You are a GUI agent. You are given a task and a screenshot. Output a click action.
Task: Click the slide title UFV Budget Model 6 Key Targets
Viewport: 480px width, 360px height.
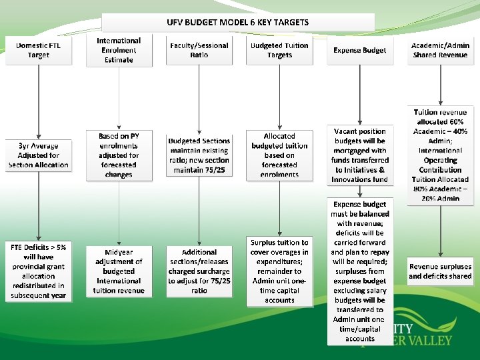[x=237, y=22]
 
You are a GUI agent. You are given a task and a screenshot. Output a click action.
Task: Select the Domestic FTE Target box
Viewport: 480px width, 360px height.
[x=38, y=50]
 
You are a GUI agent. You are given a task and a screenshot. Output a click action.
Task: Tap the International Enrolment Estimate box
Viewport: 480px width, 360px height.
[x=119, y=50]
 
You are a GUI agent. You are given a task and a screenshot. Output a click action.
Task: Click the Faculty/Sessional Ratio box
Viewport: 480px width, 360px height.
[x=199, y=50]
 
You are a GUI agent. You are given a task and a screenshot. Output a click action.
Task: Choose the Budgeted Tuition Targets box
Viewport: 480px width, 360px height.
[x=279, y=50]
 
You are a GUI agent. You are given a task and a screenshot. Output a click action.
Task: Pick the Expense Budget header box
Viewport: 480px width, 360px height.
[x=359, y=50]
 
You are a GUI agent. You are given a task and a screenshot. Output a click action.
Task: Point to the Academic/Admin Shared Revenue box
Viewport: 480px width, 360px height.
[x=440, y=50]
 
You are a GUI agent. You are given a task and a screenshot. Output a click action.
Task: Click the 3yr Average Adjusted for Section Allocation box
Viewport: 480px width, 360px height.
[x=38, y=155]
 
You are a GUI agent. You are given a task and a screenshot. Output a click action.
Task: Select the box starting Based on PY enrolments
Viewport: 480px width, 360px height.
[x=119, y=155]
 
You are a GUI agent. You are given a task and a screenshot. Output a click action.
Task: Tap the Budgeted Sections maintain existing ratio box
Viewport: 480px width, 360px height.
[x=199, y=155]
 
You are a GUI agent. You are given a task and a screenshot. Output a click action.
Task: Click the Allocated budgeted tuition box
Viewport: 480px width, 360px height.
[x=279, y=155]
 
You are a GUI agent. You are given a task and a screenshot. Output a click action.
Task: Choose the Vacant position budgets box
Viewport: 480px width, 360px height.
[x=359, y=155]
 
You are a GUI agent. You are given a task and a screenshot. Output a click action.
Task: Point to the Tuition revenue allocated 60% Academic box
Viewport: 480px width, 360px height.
[x=440, y=155]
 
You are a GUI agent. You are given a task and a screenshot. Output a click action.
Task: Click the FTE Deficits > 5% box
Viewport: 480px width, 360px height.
[x=38, y=271]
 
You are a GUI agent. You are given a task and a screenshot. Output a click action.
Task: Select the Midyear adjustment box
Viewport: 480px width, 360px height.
[x=119, y=271]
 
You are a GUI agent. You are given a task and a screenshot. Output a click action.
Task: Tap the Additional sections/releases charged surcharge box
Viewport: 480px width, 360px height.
[x=199, y=271]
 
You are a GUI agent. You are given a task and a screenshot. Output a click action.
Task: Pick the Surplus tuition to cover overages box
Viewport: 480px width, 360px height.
[x=279, y=271]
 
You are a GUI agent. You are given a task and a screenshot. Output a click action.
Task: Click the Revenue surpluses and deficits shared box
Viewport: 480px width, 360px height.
[x=440, y=271]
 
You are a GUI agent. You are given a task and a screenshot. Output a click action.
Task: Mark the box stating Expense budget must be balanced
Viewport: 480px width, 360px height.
[x=359, y=271]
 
